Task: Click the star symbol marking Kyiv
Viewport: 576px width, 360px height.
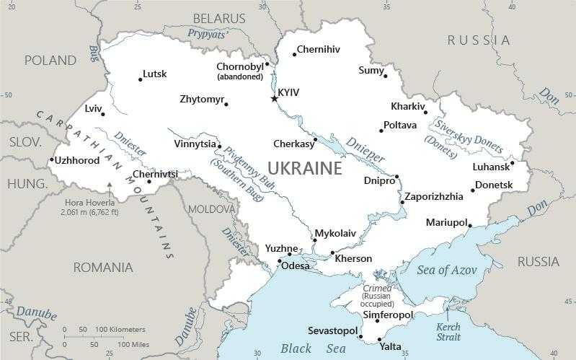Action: tap(274, 98)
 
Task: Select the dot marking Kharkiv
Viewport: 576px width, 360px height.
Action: tap(425, 112)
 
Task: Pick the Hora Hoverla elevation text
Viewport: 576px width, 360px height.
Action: tap(99, 208)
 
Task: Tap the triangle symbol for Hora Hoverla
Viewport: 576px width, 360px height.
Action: tap(110, 185)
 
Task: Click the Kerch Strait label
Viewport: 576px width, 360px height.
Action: tap(448, 332)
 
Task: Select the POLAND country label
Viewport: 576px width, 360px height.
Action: tap(50, 61)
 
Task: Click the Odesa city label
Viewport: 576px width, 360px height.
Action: tap(295, 266)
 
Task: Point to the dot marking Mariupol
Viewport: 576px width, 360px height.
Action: tap(470, 226)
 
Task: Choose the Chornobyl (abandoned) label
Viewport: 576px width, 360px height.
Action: tap(240, 71)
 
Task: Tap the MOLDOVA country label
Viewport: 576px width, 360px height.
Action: tap(211, 208)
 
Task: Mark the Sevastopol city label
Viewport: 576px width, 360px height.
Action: tap(332, 331)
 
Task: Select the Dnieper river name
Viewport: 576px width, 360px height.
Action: tap(365, 148)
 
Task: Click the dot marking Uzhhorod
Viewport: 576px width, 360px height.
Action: tap(52, 159)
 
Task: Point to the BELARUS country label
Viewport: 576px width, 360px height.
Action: tap(219, 18)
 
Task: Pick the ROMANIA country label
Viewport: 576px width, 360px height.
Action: tap(103, 268)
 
